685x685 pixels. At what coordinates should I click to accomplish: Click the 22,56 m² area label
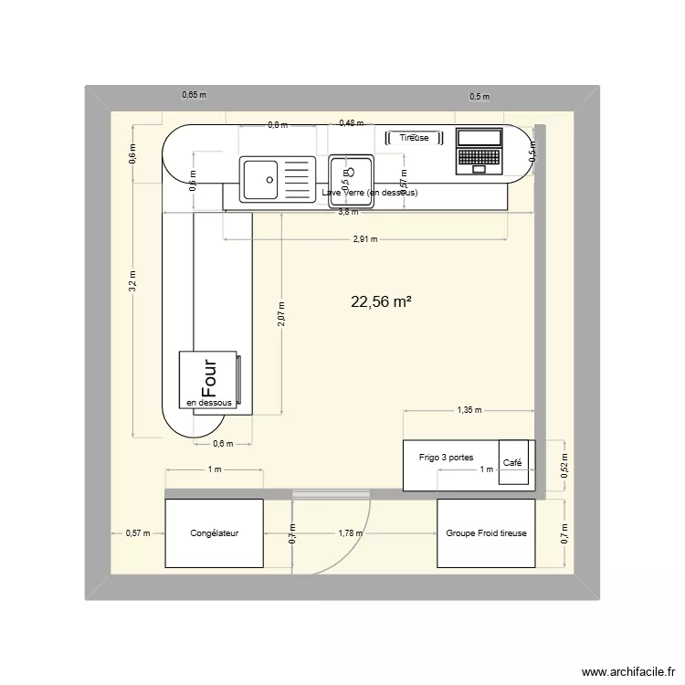pos(380,303)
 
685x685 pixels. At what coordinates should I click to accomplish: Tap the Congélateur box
pos(214,533)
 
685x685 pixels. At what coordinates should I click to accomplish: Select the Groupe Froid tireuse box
pos(486,533)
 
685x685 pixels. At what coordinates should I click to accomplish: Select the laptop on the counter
pos(479,150)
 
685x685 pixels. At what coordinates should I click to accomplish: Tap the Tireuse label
pos(414,138)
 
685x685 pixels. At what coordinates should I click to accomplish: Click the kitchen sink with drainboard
pos(277,178)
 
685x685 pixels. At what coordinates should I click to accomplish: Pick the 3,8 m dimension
pos(348,213)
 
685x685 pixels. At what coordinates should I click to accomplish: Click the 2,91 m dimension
pos(365,239)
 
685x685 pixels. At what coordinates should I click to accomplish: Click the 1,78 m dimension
pos(350,533)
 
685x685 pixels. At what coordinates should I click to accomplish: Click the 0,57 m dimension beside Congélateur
pos(138,533)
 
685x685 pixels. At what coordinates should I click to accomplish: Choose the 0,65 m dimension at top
pos(194,94)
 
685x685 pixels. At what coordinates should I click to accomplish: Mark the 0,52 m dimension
pos(564,467)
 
